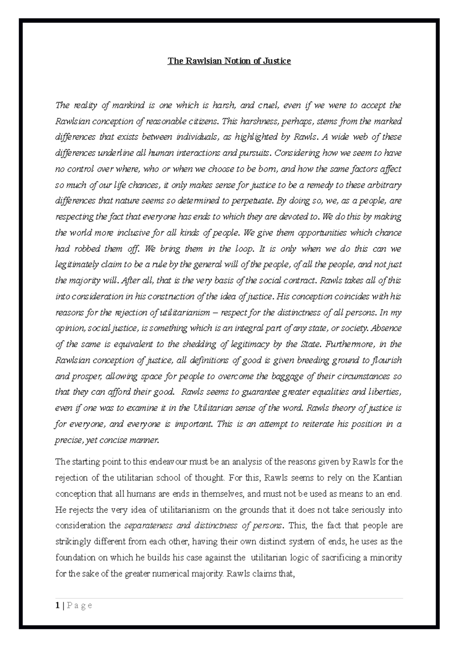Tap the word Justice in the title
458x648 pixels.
click(276, 61)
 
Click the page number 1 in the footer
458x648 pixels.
click(57, 606)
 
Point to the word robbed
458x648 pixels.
click(87, 249)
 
